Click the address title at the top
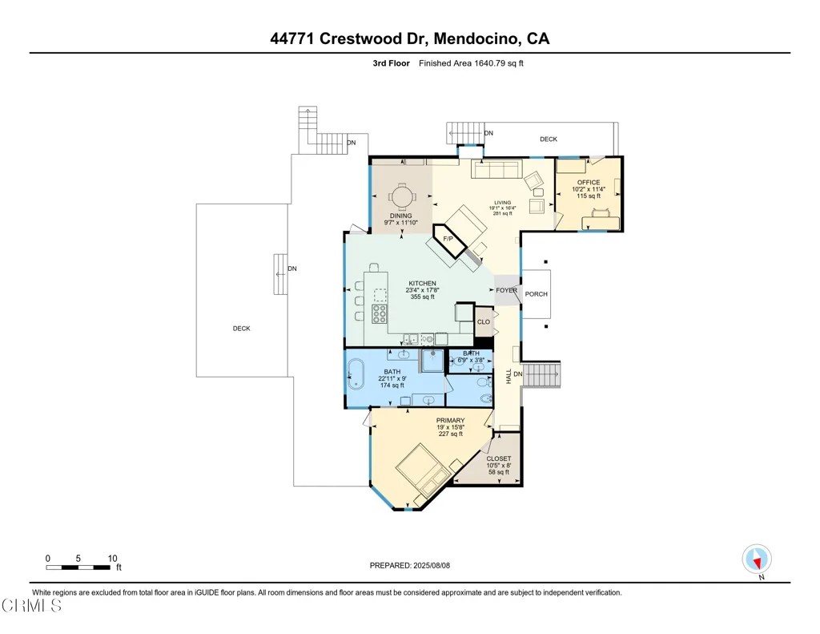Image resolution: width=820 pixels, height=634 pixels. point(409,38)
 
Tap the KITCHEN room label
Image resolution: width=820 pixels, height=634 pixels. point(423,283)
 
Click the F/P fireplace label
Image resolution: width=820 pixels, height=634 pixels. point(448,239)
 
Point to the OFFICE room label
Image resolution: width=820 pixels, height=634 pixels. point(589,182)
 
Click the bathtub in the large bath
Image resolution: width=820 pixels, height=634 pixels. point(356,374)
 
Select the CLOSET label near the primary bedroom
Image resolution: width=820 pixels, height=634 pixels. point(499,458)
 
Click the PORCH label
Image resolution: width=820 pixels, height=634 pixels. point(536,294)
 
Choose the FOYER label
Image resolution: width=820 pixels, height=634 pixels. point(507,290)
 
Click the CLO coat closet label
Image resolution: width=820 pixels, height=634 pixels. point(484,321)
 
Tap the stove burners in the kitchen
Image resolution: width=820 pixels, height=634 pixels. point(380,313)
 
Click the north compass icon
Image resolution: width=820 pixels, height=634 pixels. point(757,559)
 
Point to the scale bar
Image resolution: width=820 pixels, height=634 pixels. point(78,567)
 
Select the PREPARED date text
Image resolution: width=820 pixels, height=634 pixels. point(409,565)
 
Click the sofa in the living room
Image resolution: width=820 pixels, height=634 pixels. point(496,170)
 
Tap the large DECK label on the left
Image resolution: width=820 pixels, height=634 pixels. point(242,329)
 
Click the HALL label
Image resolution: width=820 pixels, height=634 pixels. point(508,377)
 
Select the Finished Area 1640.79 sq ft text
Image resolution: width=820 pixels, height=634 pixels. point(471,63)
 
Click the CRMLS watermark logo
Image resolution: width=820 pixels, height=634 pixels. point(31,606)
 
